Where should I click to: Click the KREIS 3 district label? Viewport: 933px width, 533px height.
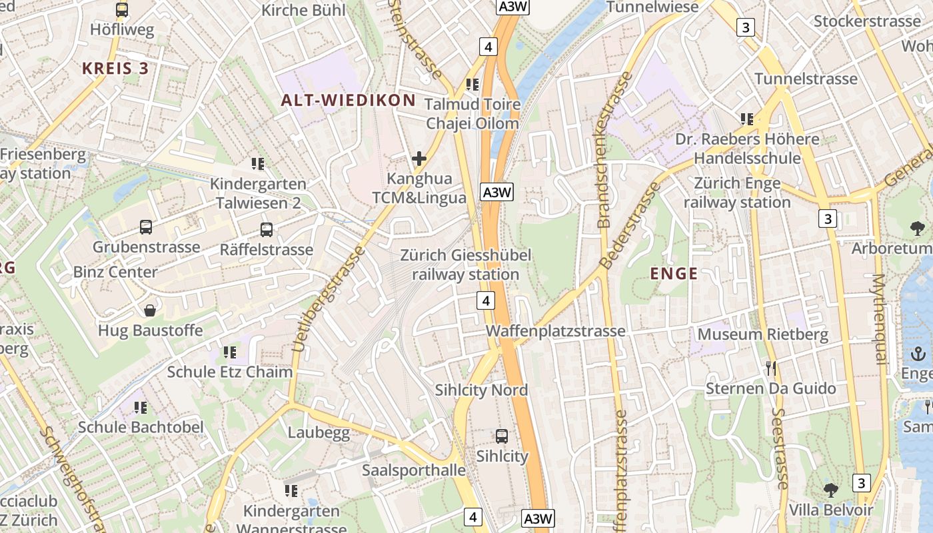(115, 68)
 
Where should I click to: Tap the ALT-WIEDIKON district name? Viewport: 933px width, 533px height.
(348, 101)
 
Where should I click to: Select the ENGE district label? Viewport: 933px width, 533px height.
(674, 273)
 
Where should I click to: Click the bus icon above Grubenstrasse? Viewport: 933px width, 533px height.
(146, 227)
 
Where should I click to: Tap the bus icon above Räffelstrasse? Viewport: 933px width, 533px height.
(267, 230)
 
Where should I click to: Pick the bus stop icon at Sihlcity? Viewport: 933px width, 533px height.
(502, 436)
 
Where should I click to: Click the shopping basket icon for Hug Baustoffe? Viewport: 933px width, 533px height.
(150, 310)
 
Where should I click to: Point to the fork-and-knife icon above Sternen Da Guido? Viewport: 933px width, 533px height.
(771, 368)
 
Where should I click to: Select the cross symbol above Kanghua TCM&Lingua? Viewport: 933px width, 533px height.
(419, 159)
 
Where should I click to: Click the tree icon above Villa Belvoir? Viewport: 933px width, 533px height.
(830, 490)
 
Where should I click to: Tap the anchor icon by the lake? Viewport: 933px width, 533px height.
(919, 354)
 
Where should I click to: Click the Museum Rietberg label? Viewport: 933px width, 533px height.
(762, 334)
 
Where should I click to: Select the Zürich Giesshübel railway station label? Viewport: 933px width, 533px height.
(465, 265)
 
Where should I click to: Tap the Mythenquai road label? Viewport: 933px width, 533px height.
(880, 318)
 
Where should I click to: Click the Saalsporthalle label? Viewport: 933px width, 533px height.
(413, 470)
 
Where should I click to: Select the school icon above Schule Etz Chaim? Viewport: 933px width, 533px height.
(230, 352)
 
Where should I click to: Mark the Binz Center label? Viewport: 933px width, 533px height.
(115, 272)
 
